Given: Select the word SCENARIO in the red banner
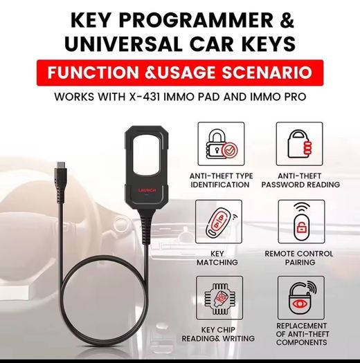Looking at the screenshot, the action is [267, 73].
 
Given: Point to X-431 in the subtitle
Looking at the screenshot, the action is [145, 97].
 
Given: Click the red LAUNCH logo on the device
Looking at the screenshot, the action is [147, 191].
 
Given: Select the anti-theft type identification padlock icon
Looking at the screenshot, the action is [221, 144].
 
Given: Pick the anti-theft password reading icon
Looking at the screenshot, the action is [299, 144].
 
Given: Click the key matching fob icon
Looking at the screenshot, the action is [219, 222].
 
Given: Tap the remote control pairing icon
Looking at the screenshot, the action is [301, 222].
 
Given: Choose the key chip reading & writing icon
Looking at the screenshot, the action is [219, 298].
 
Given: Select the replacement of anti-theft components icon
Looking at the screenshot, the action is [301, 298].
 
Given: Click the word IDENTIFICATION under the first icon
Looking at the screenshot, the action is [219, 185].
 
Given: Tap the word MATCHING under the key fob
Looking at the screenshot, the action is [217, 262].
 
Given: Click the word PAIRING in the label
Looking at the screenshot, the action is [300, 262].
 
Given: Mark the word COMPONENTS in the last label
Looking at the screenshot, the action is [301, 342].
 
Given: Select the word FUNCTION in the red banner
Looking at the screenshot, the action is [93, 73].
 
